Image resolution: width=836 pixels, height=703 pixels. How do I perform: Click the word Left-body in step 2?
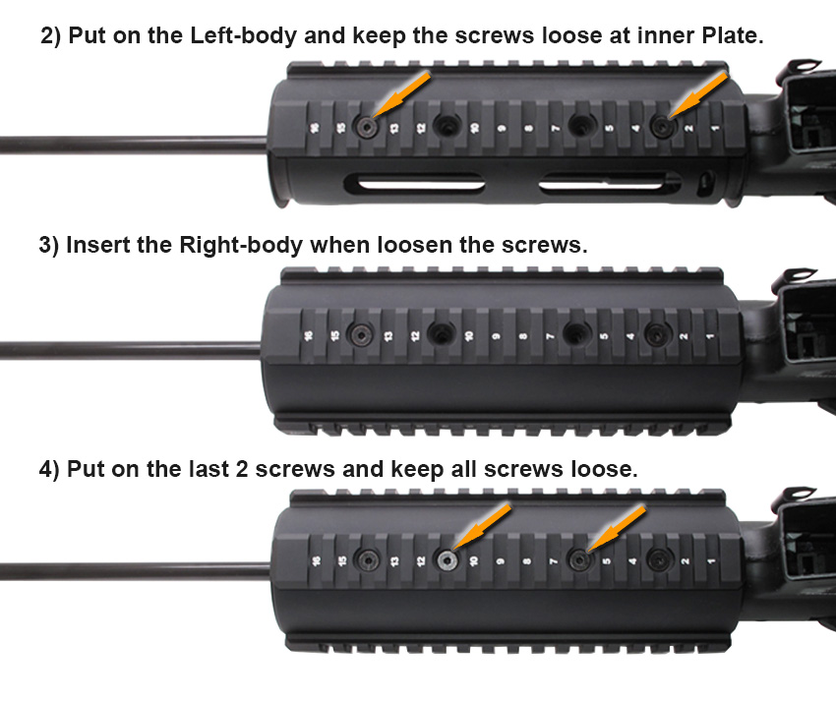pos(243,35)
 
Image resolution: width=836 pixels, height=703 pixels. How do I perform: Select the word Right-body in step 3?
pos(241,245)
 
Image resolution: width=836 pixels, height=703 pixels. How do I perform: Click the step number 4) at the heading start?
pos(49,470)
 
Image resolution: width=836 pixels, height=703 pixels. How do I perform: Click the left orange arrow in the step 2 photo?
pos(401,93)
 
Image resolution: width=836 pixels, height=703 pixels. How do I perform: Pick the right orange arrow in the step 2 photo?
pos(698,94)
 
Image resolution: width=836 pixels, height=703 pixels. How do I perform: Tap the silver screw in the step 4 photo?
pos(447,560)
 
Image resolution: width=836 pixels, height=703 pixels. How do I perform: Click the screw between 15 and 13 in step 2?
pos(368,127)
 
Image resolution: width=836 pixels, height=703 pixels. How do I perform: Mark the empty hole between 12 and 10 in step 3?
pos(441,334)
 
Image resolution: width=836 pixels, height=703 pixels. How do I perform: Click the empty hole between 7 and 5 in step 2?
pos(581,125)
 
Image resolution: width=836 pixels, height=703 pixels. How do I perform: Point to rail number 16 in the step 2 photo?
pos(315,128)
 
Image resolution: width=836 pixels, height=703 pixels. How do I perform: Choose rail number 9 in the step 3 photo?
pos(496,336)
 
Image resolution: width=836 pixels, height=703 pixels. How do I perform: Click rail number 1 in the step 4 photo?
pos(712,560)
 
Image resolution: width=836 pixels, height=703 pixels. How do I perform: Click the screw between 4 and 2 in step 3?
pos(657,334)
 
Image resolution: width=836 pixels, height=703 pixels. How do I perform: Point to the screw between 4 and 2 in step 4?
pos(659,559)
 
